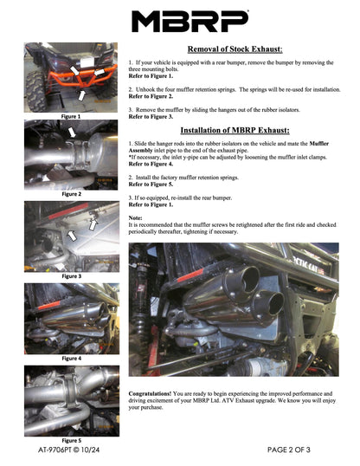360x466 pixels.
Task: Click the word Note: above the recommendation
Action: click(135, 217)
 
